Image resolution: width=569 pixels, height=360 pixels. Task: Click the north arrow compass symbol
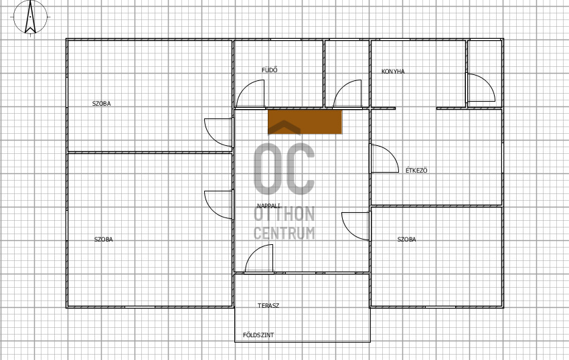coord(30,17)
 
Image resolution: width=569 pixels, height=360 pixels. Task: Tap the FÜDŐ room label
coord(270,70)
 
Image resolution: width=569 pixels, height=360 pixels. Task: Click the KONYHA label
coord(393,72)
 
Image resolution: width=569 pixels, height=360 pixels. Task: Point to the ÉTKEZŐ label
coord(416,170)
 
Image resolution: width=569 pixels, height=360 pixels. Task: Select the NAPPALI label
coord(268,206)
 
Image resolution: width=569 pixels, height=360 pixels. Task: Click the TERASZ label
coord(268,306)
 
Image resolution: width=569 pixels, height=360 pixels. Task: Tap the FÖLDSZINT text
coord(258,335)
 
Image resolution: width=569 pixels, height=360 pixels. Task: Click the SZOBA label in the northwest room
coord(102,104)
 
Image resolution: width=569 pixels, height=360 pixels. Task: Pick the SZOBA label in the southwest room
coord(103,240)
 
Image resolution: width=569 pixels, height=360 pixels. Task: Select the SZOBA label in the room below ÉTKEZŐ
coord(407,240)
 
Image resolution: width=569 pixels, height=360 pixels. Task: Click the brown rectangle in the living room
coord(305,122)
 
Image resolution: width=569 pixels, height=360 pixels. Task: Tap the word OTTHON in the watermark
coord(284,214)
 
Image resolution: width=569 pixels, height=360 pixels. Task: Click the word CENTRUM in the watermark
coord(284,233)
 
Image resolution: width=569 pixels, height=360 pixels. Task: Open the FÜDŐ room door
coord(250,94)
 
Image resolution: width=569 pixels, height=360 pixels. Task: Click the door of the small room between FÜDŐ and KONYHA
coord(347,94)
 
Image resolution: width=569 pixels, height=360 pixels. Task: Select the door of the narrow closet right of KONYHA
coord(481,88)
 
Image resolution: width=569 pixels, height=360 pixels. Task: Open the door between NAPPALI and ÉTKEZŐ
coord(385,159)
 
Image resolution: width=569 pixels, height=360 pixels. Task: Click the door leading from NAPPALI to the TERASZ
coord(259,258)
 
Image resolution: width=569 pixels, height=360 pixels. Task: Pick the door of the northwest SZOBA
coord(218,132)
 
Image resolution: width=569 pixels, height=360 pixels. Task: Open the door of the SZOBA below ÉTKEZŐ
coord(355,226)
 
